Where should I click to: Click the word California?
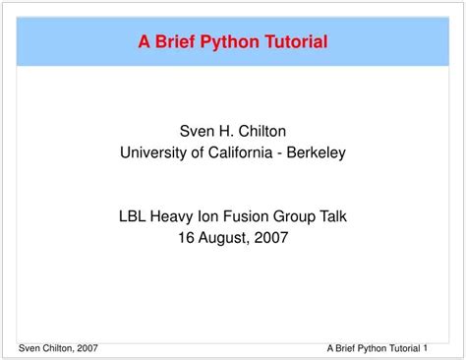(234, 151)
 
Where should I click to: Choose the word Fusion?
(251, 215)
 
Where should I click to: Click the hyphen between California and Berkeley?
(280, 151)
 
